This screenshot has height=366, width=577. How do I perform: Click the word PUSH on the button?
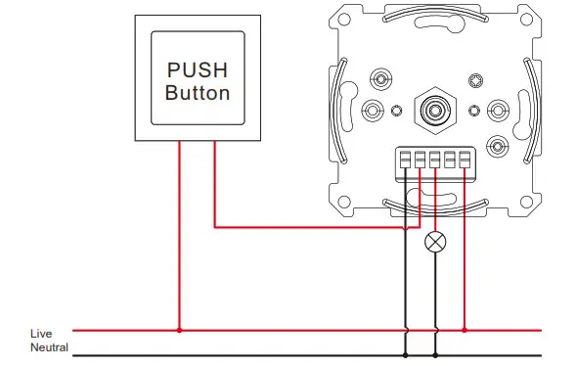tap(198, 70)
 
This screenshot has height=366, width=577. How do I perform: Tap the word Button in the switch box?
tap(198, 94)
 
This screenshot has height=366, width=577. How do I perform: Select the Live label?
tap(40, 334)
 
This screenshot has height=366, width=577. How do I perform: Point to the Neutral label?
tap(49, 348)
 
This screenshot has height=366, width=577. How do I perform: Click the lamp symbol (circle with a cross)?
tap(435, 242)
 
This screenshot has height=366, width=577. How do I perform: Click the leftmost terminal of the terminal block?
tap(405, 160)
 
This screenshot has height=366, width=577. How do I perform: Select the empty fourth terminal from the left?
tap(450, 160)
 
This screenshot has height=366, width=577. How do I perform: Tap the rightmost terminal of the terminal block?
tap(465, 160)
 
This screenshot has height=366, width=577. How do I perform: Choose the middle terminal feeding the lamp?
tap(435, 160)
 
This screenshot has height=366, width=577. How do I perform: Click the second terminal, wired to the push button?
tap(420, 160)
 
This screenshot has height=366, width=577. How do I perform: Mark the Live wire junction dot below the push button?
tap(179, 331)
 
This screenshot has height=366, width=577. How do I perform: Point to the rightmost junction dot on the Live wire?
tap(465, 331)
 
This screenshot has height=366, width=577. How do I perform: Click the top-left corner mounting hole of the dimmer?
tap(343, 20)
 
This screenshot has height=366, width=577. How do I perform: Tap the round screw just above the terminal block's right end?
tap(498, 147)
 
